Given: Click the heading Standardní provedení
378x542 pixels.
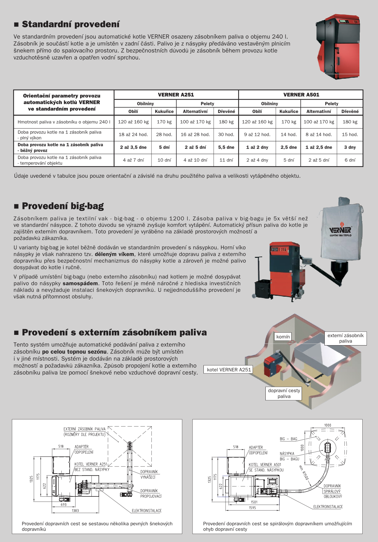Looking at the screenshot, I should coord(71,24).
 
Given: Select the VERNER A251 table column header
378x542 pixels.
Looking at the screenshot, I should coord(176,95).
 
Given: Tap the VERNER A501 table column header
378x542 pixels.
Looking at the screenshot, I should coord(301,95).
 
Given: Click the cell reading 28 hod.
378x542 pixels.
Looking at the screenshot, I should coord(164,135).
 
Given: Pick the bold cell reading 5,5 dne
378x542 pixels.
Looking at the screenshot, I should coord(226,147).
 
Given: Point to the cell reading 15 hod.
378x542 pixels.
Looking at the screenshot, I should coord(350,135).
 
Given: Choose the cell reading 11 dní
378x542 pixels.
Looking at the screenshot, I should coord(226,160).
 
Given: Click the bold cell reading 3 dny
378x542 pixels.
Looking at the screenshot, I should coord(350,147).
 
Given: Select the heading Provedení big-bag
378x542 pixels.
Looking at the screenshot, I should coord(63,206).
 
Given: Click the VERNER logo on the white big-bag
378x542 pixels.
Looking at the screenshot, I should coord(340,230).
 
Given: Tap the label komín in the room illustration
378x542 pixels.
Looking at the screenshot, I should coord(283,337).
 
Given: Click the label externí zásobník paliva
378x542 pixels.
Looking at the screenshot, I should coord(345,338).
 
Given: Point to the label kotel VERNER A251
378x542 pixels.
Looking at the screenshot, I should coord(229,370).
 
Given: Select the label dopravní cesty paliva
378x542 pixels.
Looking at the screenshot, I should coord(284,393).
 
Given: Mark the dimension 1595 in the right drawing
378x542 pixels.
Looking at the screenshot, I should coord(253,508).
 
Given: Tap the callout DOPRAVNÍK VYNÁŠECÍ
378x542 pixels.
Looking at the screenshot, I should coord(149,475).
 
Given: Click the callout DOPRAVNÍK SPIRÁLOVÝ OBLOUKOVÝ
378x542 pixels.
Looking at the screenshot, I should coord(332,491).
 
